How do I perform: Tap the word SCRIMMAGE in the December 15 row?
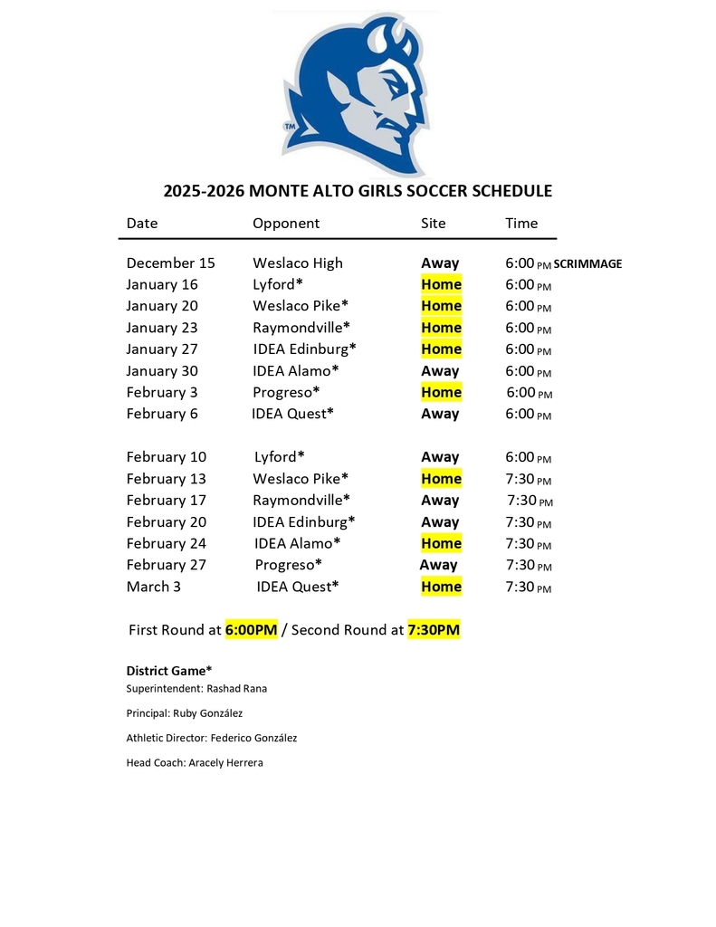(x=587, y=264)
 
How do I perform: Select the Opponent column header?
(x=286, y=224)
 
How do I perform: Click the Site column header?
(x=433, y=224)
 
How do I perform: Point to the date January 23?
(x=162, y=328)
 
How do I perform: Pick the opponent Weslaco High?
(x=298, y=263)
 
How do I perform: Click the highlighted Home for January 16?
(x=441, y=284)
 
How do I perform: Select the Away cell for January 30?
(x=440, y=371)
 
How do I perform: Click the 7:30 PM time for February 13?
(x=528, y=479)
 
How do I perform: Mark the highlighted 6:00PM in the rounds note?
(x=251, y=630)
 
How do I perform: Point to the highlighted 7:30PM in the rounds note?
(x=434, y=630)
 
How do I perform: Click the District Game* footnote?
(x=169, y=671)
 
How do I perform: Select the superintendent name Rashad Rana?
(x=236, y=689)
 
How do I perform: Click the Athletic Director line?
(x=212, y=738)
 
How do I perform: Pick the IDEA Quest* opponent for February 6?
(x=293, y=414)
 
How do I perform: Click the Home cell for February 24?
(x=441, y=543)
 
